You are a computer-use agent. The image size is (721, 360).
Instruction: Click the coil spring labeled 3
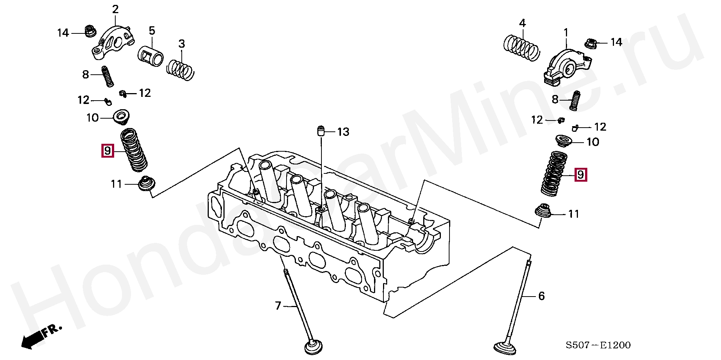181,68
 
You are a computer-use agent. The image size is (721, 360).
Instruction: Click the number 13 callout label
342,132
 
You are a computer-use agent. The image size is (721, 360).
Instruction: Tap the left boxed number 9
107,151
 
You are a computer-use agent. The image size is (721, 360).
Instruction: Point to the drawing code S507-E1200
599,345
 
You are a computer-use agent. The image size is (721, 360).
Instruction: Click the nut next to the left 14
89,31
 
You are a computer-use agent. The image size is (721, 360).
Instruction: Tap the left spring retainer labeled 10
121,117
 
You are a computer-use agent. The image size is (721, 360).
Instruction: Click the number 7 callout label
278,306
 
